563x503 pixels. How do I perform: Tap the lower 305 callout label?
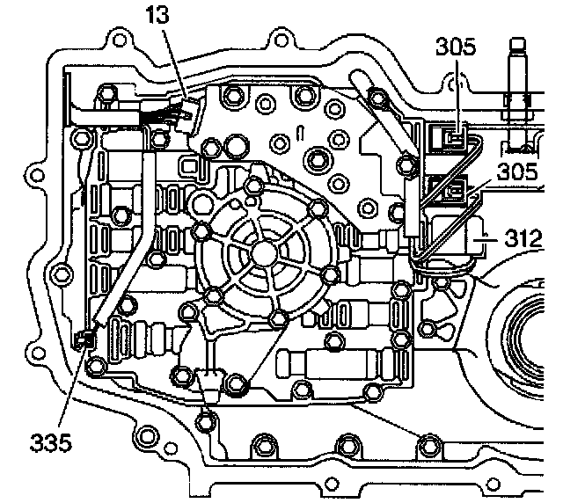(x=516, y=172)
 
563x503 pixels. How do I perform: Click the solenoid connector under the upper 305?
(x=452, y=136)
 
